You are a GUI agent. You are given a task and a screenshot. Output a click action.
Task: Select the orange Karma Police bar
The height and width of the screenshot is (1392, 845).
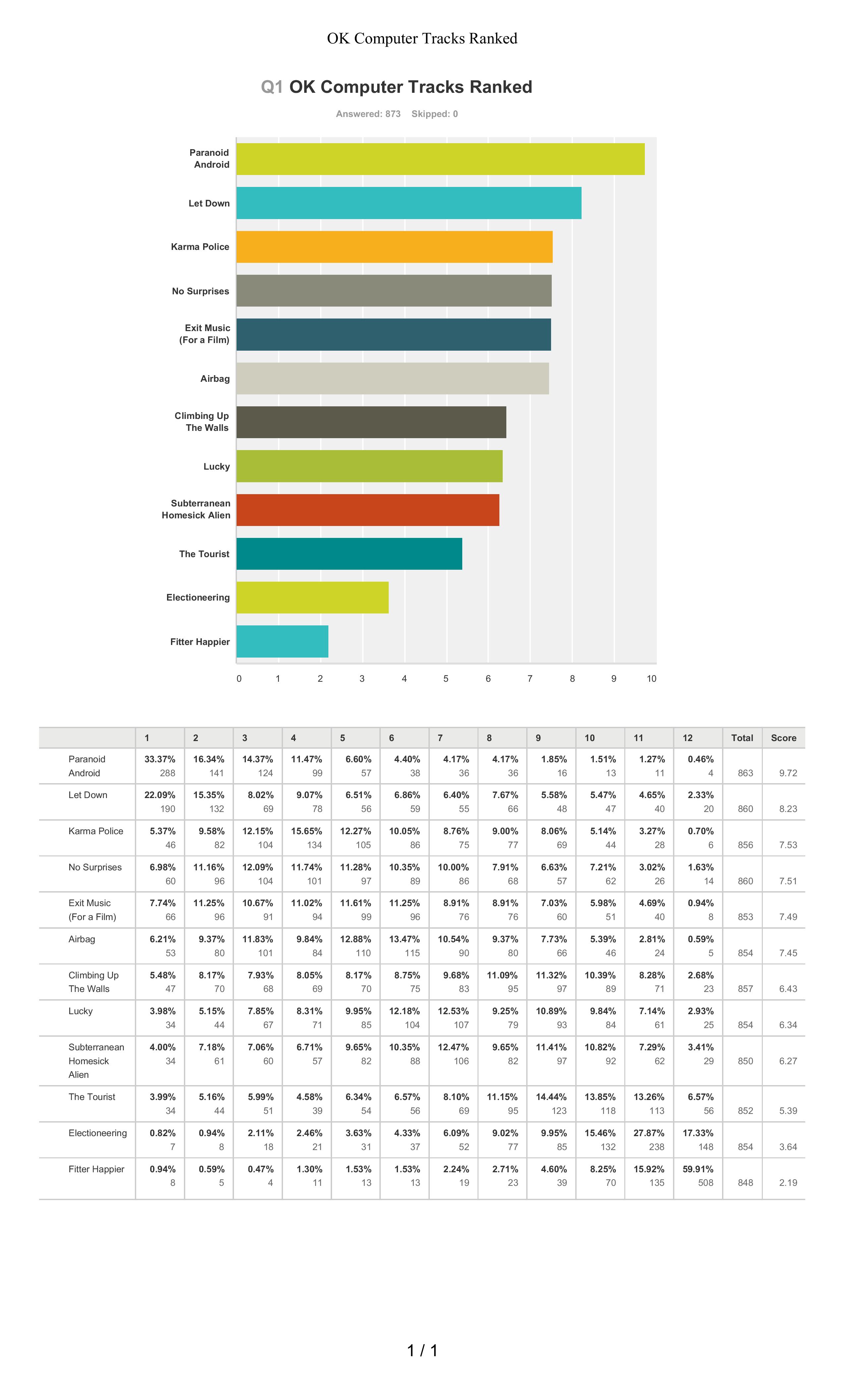point(394,247)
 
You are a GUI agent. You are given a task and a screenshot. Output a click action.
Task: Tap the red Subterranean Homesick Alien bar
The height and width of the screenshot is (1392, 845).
point(368,510)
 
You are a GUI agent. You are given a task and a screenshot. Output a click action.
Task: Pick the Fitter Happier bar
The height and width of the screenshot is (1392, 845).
point(282,641)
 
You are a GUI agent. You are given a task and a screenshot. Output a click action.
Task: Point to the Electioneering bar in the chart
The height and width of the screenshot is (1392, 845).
point(312,598)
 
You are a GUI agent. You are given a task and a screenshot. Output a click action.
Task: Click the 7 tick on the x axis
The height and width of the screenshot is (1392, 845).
point(530,678)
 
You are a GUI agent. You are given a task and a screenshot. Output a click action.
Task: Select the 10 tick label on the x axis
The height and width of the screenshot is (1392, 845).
point(651,678)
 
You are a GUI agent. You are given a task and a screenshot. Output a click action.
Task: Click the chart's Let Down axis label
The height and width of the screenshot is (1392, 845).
point(209,203)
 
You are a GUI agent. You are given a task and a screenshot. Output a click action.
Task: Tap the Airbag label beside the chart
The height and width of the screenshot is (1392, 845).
point(215,378)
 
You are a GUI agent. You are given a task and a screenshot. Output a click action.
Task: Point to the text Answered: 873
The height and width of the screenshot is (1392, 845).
point(368,114)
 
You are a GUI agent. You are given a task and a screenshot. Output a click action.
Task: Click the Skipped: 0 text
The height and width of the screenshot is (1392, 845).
point(434,114)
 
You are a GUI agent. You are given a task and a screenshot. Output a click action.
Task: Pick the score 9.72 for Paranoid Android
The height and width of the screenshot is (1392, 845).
point(788,773)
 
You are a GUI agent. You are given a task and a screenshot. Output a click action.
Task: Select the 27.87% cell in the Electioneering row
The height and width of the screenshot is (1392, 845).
point(649,1133)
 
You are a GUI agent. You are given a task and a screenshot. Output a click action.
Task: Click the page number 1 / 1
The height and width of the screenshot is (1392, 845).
point(422,1350)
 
